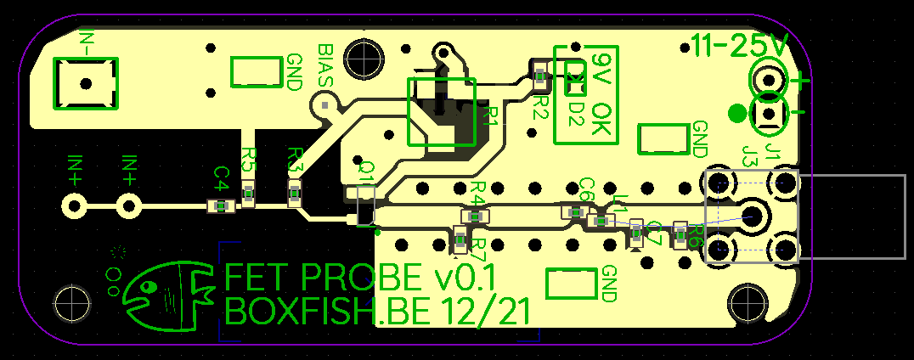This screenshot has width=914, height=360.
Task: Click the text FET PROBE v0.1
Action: (x=360, y=278)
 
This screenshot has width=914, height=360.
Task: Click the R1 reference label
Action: (x=489, y=115)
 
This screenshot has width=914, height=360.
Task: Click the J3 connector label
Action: (x=750, y=155)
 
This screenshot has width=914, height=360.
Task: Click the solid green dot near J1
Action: (x=737, y=113)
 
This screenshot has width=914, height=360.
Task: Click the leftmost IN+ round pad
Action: (x=74, y=205)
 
